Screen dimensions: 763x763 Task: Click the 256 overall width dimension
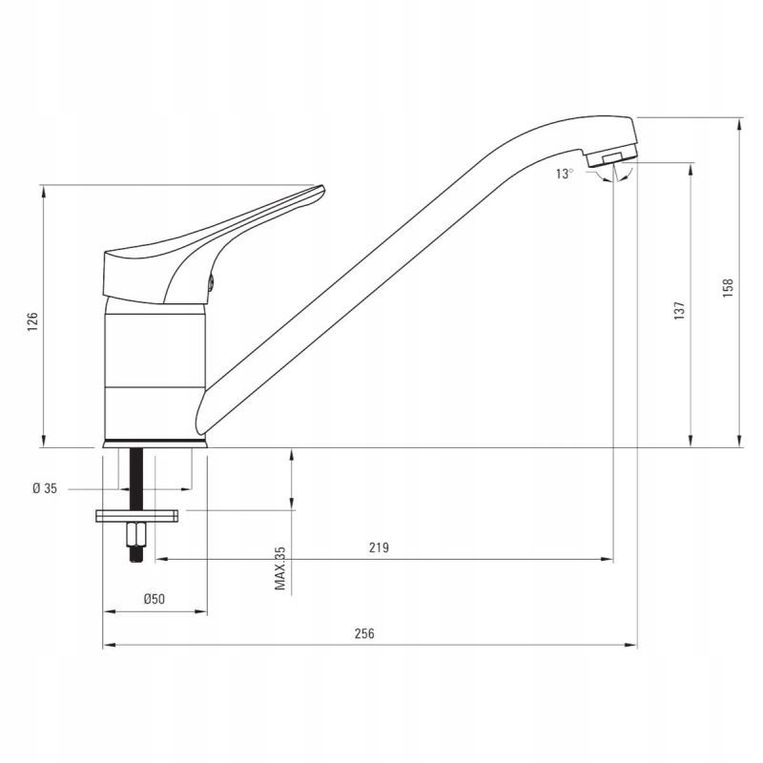tap(365, 633)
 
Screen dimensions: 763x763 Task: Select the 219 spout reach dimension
tap(379, 547)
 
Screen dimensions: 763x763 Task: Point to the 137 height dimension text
tap(678, 311)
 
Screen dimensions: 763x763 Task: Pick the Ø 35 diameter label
tap(45, 488)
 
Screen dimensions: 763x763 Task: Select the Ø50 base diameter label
tap(155, 599)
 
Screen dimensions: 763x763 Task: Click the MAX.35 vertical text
tap(280, 567)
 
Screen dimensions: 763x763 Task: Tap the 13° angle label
tap(565, 174)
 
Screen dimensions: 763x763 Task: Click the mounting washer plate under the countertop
tap(136, 516)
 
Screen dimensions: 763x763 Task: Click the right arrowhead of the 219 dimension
tap(608, 559)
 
